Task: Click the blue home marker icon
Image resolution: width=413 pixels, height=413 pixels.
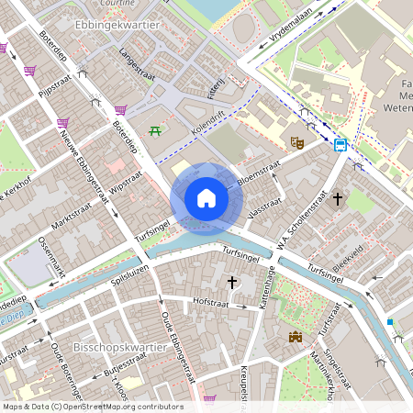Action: click(x=206, y=197)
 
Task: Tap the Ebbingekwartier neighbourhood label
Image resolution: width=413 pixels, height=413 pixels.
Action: click(x=120, y=27)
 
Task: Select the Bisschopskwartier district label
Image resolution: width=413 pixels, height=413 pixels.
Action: click(x=121, y=349)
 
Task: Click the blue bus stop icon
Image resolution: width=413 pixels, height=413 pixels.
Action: click(x=340, y=144)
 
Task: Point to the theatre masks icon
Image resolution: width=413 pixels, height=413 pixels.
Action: click(x=296, y=142)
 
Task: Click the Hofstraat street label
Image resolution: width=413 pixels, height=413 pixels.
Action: click(x=186, y=301)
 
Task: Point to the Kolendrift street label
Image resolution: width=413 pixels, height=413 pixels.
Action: click(x=207, y=124)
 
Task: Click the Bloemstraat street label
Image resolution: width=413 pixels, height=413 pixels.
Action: click(x=259, y=172)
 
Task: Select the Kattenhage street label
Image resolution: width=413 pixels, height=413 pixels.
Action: click(x=269, y=294)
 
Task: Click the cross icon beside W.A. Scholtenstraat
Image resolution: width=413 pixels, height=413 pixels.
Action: click(x=338, y=197)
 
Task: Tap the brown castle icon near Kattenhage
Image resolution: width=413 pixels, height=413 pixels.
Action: click(x=296, y=338)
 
